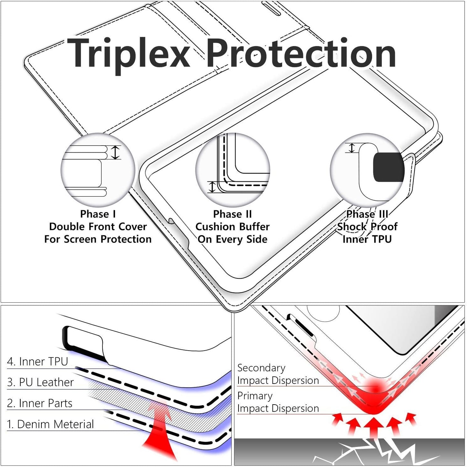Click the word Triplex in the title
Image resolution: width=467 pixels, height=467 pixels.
128,56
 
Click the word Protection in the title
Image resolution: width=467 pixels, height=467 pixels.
302,53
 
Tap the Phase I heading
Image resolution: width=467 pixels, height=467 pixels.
98,214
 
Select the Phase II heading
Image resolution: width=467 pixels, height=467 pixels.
232,214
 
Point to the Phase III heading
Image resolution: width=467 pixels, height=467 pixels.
367,214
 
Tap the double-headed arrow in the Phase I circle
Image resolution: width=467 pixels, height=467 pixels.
116,152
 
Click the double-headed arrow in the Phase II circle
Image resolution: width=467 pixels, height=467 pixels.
212,187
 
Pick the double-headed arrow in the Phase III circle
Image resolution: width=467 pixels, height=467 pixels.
352,148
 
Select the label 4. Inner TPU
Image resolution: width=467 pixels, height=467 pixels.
37,362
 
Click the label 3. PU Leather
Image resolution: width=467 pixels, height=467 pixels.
40,382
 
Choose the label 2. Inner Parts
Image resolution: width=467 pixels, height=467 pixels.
39,403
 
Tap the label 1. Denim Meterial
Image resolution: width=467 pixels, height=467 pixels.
50,424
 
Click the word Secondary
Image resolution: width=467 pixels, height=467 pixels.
261,368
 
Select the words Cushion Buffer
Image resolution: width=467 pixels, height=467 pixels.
232,227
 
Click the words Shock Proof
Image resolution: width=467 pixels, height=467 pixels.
367,227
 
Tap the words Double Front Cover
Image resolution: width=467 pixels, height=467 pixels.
98,227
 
